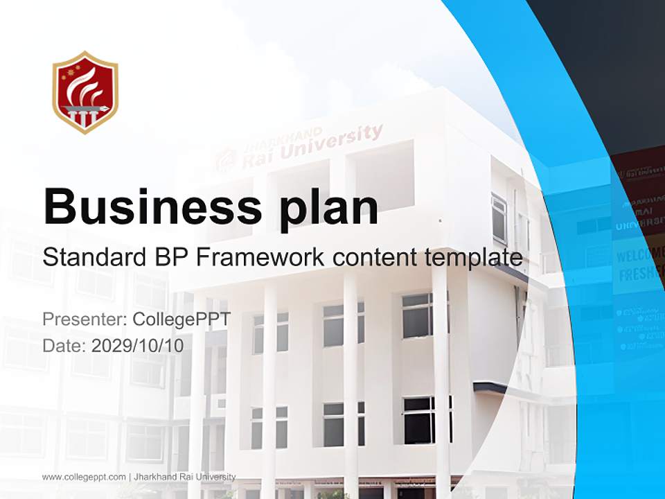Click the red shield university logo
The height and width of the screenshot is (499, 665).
coord(85,91)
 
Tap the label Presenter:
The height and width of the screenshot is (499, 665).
coord(83,319)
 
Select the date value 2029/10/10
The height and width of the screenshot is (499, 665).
coord(138,346)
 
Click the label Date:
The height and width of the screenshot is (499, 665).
coord(64,346)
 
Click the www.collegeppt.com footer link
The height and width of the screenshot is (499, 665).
coord(84,477)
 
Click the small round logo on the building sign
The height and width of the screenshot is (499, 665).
coord(225,161)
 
